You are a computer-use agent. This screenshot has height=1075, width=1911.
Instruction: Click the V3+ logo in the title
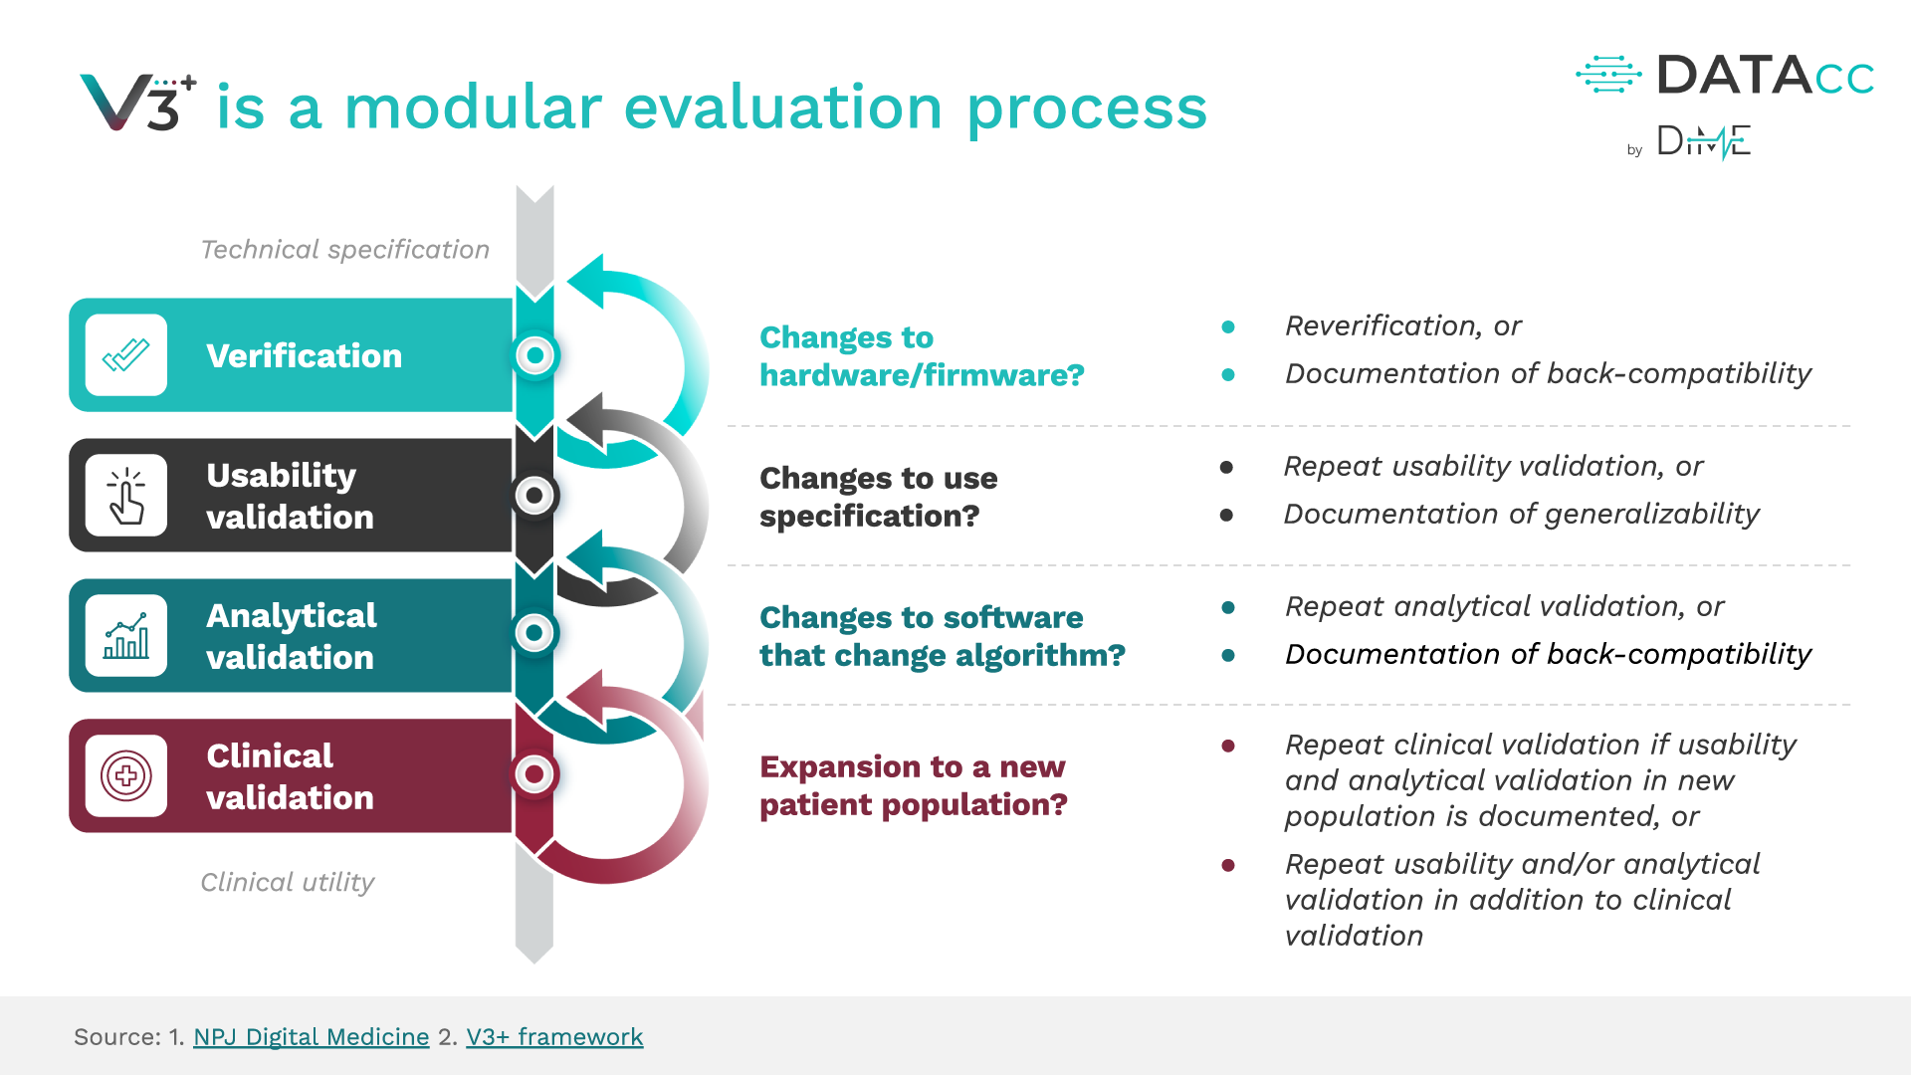137,103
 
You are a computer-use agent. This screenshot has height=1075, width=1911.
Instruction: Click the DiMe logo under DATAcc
1703,142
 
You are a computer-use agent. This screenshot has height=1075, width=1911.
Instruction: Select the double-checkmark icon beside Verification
126,355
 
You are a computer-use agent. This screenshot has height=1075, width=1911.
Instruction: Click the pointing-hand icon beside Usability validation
126,496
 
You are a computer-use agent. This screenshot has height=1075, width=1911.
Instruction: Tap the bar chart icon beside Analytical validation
126,636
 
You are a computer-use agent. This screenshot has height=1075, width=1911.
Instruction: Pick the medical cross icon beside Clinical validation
126,775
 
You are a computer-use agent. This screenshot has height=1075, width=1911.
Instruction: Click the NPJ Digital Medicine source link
311,1037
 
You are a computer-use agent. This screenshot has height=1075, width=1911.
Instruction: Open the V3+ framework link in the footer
554,1037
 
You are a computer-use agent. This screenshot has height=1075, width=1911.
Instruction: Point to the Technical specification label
344,250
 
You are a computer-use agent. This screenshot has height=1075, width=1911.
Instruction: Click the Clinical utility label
287,883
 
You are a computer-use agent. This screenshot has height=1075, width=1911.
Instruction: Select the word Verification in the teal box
304,356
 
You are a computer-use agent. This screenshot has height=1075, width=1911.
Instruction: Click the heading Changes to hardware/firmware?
921,356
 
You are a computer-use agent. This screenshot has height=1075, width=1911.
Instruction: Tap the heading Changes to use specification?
878,497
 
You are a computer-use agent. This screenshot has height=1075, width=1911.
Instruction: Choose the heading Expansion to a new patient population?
913,785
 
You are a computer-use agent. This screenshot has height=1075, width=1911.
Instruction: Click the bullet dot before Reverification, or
1228,326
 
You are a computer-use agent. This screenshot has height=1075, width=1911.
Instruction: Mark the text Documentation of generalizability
1521,515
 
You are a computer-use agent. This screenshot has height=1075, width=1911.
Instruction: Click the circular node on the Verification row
535,355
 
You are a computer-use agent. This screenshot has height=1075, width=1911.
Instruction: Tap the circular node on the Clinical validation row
535,773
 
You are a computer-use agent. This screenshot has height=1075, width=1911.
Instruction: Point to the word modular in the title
473,107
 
